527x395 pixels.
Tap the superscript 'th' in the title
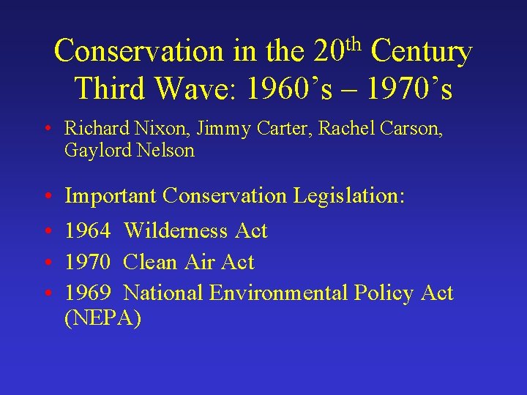354,42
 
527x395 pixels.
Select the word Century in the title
422,52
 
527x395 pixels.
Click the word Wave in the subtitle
198,89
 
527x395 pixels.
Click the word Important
111,196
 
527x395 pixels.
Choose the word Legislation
349,196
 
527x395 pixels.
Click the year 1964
87,231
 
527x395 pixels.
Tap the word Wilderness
177,231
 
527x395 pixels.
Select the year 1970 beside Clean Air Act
87,262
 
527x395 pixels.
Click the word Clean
150,262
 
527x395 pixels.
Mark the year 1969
87,293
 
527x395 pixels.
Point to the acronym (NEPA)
102,319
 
